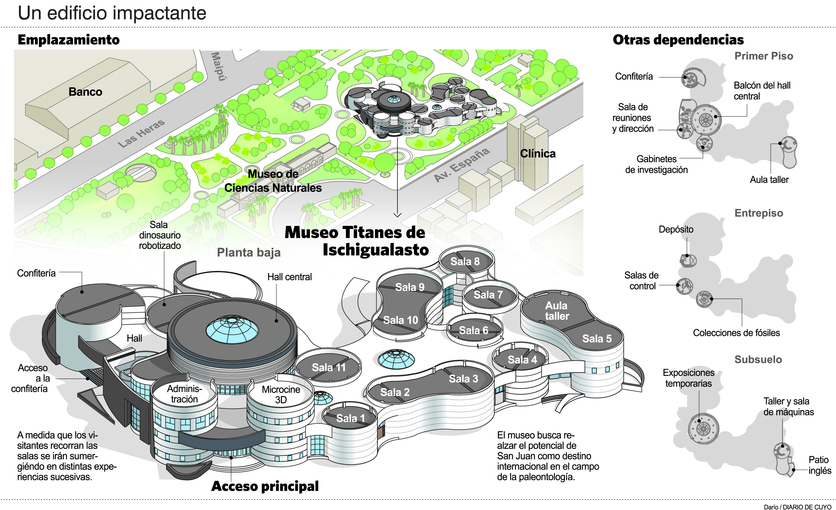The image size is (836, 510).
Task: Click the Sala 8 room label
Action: tap(465, 262)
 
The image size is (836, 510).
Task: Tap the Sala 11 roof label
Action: tap(329, 368)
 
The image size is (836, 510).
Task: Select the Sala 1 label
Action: tap(351, 418)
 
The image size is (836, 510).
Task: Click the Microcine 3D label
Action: tap(281, 394)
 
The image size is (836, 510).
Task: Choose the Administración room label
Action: tap(184, 394)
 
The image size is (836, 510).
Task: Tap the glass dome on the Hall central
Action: tap(232, 329)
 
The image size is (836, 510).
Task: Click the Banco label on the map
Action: tap(85, 92)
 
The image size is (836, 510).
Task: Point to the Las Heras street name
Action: tap(142, 133)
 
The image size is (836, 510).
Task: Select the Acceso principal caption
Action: tap(265, 486)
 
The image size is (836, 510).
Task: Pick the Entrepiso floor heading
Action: tap(759, 213)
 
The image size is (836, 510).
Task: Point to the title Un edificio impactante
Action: tap(112, 13)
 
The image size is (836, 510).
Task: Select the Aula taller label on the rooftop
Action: tap(556, 311)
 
